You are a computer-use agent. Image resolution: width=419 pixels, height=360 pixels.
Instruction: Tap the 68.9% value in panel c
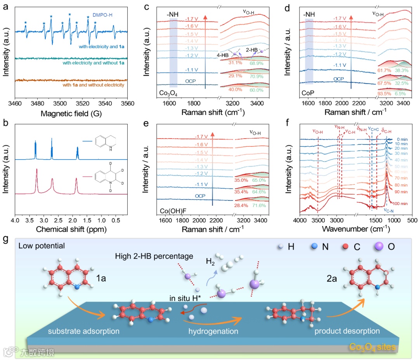256,63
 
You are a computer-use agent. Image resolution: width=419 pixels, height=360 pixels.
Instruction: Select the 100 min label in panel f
401,203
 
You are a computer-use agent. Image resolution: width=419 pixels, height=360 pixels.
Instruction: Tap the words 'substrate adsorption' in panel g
83,331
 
